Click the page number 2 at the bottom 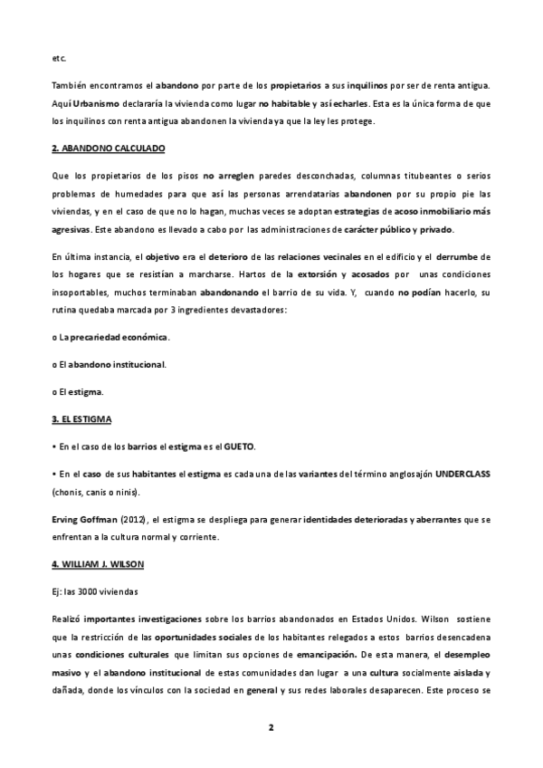pos(271,728)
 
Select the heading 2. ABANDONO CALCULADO pos(109,148)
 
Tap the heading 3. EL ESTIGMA pos(83,420)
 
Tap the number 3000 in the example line pos(90,590)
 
